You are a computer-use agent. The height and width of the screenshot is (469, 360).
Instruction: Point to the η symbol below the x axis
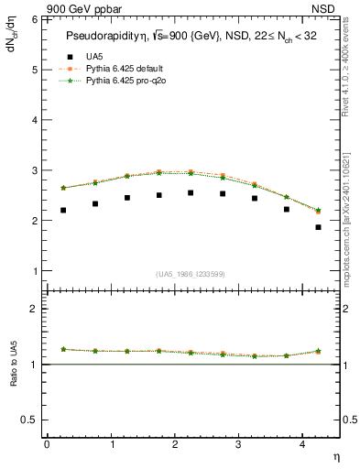(335, 456)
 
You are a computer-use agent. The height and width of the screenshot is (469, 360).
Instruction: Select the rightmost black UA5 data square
(318, 227)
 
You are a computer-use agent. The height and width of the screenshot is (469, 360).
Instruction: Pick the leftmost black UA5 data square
(63, 210)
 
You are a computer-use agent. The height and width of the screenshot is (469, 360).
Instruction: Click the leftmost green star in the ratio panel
(63, 349)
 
